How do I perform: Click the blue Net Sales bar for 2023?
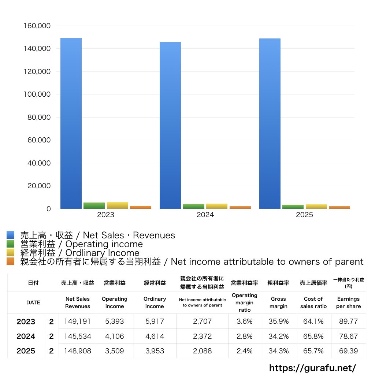pos(71,123)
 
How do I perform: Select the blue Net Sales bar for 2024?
pos(170,126)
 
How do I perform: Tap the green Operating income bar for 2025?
pos(293,207)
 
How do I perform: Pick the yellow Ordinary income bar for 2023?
pos(118,205)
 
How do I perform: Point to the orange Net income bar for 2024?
pos(240,208)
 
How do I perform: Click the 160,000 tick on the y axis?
pos(37,26)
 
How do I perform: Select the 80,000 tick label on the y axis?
pos(39,117)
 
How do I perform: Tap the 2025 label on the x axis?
pos(304,215)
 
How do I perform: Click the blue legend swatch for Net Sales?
pos(11,235)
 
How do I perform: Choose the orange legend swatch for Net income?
pos(11,261)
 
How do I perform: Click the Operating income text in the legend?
pos(104,244)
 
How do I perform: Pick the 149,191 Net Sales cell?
pos(78,321)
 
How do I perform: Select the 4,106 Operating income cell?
pos(115,336)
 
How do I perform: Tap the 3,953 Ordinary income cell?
pos(155,351)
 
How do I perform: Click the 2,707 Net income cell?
pos(202,321)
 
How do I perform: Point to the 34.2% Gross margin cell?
pos(278,336)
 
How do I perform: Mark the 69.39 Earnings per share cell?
pos(349,351)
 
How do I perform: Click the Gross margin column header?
pos(278,302)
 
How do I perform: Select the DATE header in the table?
pos(33,302)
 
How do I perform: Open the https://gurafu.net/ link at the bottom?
pos(313,368)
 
